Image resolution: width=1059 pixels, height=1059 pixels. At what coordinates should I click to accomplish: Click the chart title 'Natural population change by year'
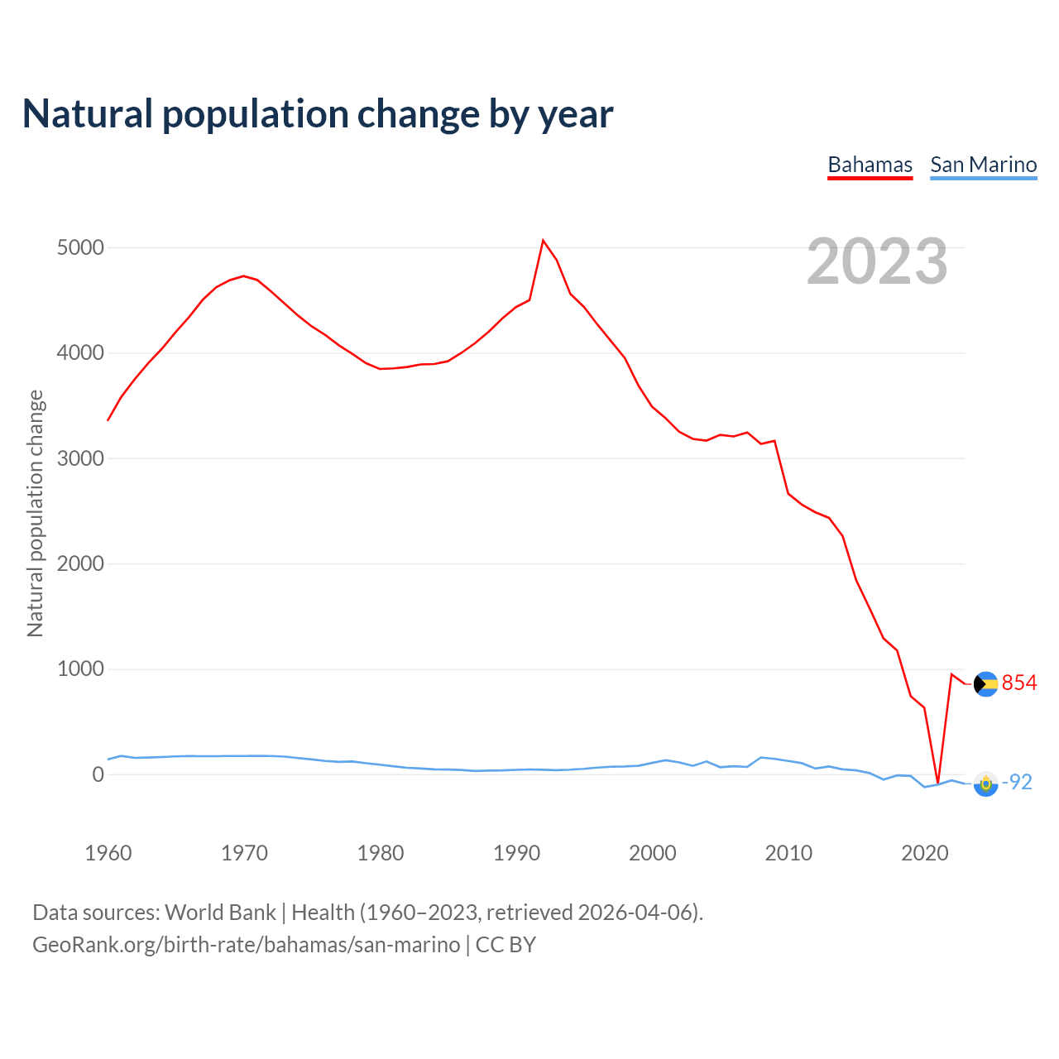click(x=318, y=114)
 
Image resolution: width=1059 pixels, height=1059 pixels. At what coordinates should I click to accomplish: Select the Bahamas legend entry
click(x=870, y=165)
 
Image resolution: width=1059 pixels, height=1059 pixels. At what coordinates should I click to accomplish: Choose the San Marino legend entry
click(x=983, y=165)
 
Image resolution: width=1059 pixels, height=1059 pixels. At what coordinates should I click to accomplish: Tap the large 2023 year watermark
click(x=877, y=261)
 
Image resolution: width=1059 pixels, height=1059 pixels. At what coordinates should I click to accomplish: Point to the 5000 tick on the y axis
click(x=80, y=248)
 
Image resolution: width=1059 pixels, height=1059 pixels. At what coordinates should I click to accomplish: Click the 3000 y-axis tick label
click(x=80, y=458)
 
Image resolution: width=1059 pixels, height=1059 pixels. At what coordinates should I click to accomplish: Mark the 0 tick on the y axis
click(x=98, y=774)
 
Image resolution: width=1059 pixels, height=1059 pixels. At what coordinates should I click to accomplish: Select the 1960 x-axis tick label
click(x=108, y=853)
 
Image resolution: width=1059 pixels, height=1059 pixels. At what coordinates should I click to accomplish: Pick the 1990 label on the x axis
click(x=516, y=853)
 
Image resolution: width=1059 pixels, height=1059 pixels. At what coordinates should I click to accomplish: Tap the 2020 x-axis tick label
click(x=924, y=853)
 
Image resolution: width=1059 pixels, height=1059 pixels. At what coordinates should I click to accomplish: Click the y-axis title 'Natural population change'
click(x=35, y=513)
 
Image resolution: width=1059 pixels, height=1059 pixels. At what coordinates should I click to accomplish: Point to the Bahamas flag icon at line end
click(x=985, y=684)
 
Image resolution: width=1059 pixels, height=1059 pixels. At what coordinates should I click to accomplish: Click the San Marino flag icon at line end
click(x=985, y=783)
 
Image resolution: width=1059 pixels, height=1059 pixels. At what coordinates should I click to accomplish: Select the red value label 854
click(x=1018, y=683)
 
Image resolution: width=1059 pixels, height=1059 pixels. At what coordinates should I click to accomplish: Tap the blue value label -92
click(x=1017, y=782)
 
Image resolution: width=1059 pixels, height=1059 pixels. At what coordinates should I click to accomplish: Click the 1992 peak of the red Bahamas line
click(x=543, y=241)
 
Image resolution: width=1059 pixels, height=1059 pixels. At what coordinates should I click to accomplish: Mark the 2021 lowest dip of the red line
click(x=937, y=783)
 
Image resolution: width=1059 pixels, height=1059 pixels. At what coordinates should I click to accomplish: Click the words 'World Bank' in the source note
click(x=220, y=913)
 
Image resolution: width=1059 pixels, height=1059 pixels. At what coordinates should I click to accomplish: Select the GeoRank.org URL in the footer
click(x=246, y=945)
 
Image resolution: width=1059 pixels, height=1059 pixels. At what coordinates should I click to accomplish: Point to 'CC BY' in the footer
click(x=506, y=945)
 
